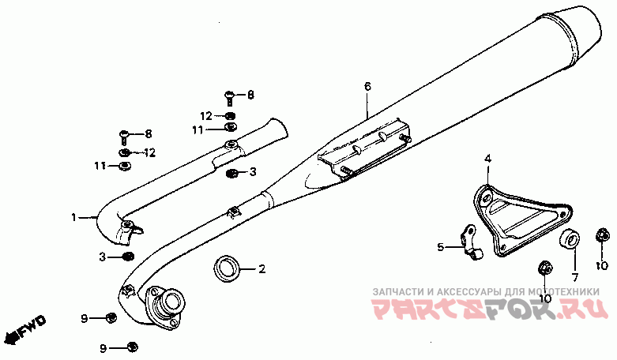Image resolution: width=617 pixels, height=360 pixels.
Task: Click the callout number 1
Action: [73, 216]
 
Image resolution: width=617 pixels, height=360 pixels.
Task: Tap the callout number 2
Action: [262, 269]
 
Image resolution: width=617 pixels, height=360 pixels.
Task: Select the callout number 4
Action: [487, 159]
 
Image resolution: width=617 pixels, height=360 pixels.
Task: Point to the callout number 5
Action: [440, 247]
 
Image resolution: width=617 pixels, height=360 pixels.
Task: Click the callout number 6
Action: [367, 84]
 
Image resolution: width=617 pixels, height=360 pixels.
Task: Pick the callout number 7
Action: [575, 277]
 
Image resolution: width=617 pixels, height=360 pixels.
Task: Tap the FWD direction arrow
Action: [24, 329]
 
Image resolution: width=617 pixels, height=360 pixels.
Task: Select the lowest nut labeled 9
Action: [132, 347]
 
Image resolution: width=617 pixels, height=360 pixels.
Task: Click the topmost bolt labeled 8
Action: [230, 96]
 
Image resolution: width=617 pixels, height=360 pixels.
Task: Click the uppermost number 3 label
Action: [252, 171]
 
